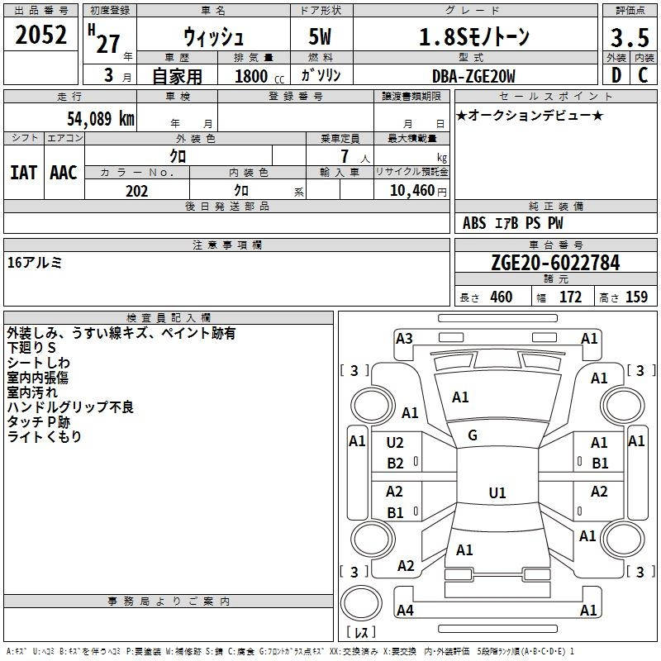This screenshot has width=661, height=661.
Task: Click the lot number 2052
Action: (40, 35)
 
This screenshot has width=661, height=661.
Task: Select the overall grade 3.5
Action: (630, 37)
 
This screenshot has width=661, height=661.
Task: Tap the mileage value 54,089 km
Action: (101, 118)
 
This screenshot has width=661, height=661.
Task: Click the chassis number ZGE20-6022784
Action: (555, 263)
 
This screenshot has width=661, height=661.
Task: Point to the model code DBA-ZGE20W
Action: (473, 76)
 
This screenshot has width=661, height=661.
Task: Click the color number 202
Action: (136, 191)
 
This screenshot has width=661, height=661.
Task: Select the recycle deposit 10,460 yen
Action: (418, 191)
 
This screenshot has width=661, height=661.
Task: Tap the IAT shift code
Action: (24, 173)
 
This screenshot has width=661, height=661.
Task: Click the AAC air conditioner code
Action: (64, 173)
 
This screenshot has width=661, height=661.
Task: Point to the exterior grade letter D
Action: (616, 75)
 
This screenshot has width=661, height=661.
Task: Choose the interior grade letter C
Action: (643, 75)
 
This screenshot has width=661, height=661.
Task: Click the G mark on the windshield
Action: (473, 435)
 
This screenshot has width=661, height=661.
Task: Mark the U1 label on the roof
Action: (497, 492)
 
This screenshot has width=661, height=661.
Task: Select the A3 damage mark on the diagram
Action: (404, 339)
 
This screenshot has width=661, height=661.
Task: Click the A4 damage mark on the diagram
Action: (405, 610)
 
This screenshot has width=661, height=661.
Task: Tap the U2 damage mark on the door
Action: (395, 443)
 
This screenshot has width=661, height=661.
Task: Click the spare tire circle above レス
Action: (361, 603)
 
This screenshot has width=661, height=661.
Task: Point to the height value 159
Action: (636, 297)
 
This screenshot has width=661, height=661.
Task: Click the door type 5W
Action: (320, 36)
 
